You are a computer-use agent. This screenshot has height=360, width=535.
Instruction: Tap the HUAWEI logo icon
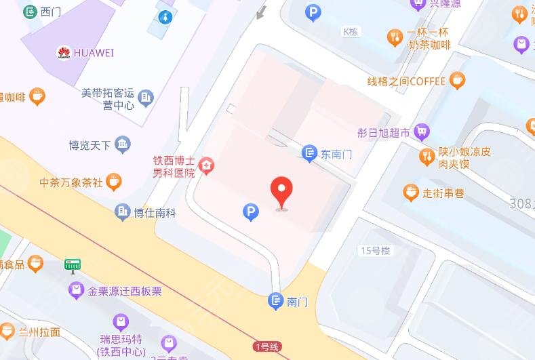[64, 52]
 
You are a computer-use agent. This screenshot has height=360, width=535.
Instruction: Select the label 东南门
[336, 154]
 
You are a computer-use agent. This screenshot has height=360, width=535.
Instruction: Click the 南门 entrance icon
[275, 301]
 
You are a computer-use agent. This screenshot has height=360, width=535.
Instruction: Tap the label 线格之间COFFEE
[406, 81]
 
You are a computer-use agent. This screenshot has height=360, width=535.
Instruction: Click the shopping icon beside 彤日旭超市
[422, 132]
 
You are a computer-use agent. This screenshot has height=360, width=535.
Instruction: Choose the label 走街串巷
[443, 193]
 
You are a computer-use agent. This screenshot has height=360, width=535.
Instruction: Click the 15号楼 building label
[376, 250]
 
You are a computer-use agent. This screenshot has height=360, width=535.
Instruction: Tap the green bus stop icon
[73, 264]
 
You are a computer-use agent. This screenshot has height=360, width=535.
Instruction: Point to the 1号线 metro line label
[266, 347]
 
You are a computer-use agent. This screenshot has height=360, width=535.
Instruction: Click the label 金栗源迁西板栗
[125, 292]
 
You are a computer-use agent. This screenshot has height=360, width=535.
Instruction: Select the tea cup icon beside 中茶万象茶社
[115, 182]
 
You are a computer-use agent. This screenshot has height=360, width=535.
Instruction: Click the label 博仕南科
[155, 212]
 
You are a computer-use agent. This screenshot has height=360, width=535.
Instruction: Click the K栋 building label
[351, 31]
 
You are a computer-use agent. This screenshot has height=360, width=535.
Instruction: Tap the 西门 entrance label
[52, 12]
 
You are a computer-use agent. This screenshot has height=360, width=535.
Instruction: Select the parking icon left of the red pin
[251, 213]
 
